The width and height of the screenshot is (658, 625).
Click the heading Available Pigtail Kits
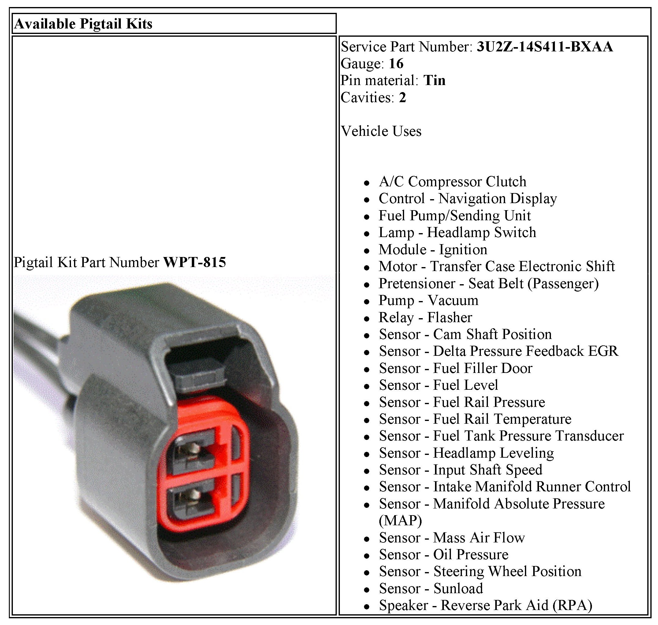tap(83, 24)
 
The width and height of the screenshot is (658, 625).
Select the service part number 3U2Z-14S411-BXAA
tap(545, 47)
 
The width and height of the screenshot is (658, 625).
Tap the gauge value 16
tap(396, 64)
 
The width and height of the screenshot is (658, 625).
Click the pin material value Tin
tap(434, 81)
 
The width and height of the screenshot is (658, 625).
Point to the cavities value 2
tap(402, 98)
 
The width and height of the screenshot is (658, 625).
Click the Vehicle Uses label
tap(381, 131)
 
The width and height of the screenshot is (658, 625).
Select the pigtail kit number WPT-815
tap(195, 262)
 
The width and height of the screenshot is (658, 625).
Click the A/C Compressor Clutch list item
tap(452, 182)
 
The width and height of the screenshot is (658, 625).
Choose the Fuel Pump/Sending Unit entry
tap(455, 216)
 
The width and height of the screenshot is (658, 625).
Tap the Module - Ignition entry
tap(433, 250)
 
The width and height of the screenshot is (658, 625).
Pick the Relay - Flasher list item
tap(426, 318)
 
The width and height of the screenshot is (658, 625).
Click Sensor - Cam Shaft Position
tap(465, 334)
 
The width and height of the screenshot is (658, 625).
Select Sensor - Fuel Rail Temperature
tap(475, 419)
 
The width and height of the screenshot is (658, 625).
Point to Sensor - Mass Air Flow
tap(452, 538)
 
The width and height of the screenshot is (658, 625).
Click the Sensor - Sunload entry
tap(431, 588)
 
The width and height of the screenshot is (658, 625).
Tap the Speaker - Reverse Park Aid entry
tap(485, 605)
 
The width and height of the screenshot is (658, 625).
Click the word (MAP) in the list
tap(400, 520)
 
